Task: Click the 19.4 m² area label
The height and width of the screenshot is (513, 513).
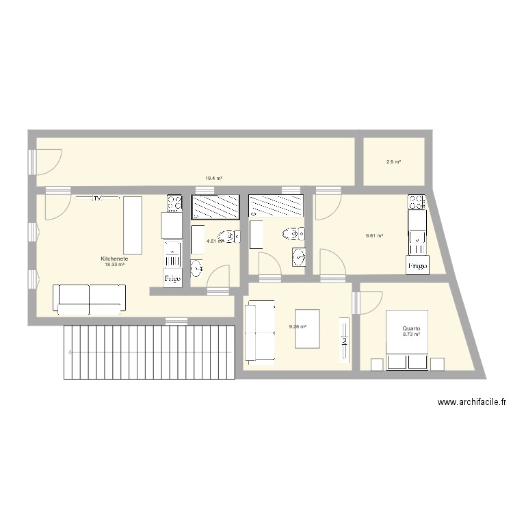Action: click(x=213, y=179)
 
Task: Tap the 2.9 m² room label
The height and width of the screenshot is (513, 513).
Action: click(x=393, y=162)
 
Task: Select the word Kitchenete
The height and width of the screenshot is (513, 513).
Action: click(x=114, y=259)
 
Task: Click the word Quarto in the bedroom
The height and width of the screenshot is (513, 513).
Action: click(x=411, y=329)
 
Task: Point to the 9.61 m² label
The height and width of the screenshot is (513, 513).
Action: click(x=374, y=236)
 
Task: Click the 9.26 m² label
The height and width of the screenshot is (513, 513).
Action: click(x=298, y=326)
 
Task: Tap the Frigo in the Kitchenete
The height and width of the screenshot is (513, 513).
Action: click(x=171, y=279)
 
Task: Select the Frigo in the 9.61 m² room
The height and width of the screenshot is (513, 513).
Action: click(x=417, y=265)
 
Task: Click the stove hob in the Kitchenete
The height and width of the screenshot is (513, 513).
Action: click(x=174, y=203)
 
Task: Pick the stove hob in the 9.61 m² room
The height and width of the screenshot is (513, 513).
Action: click(x=416, y=202)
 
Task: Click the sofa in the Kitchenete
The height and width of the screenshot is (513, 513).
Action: click(x=90, y=298)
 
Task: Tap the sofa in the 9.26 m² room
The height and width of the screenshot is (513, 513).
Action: click(x=259, y=332)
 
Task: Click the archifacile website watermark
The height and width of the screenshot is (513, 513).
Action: click(x=471, y=403)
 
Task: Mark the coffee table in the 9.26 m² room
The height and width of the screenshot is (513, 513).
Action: click(x=308, y=329)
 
